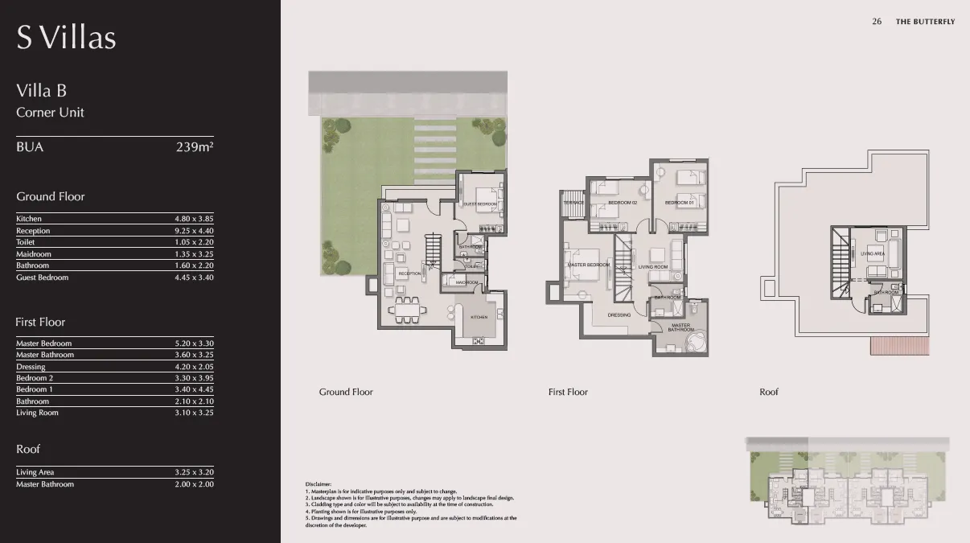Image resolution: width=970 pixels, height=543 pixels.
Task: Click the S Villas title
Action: coord(66,38)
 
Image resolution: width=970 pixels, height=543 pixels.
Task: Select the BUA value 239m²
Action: coord(195,147)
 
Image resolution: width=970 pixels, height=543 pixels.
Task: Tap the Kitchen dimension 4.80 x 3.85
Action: coord(194,219)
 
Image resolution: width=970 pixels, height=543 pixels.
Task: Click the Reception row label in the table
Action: coord(33,231)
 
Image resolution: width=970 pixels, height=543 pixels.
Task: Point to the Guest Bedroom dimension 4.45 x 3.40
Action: coord(194,278)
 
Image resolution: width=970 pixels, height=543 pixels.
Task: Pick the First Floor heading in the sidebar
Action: coord(40,322)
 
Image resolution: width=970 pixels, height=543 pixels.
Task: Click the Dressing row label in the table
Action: coord(31,367)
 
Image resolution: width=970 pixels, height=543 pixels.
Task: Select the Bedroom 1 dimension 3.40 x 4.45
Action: coord(194,389)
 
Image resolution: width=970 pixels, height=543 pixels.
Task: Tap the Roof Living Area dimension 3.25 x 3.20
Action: coord(194,472)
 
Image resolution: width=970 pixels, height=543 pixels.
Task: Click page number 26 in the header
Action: coord(877,22)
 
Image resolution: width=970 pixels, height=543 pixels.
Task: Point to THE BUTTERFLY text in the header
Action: coord(925,22)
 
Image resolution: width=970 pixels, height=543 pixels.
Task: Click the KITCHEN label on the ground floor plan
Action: coord(479,317)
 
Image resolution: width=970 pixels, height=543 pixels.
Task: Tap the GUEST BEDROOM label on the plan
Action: coord(480,204)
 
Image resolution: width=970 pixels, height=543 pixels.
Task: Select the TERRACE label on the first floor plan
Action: coord(573,203)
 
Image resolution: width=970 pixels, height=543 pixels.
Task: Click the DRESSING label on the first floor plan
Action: coord(619,315)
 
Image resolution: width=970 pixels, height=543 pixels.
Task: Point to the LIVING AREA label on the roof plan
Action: coord(873,254)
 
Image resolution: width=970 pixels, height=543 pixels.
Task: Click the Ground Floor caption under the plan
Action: coord(346,392)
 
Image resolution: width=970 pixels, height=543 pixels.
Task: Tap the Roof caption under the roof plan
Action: coord(769,392)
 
